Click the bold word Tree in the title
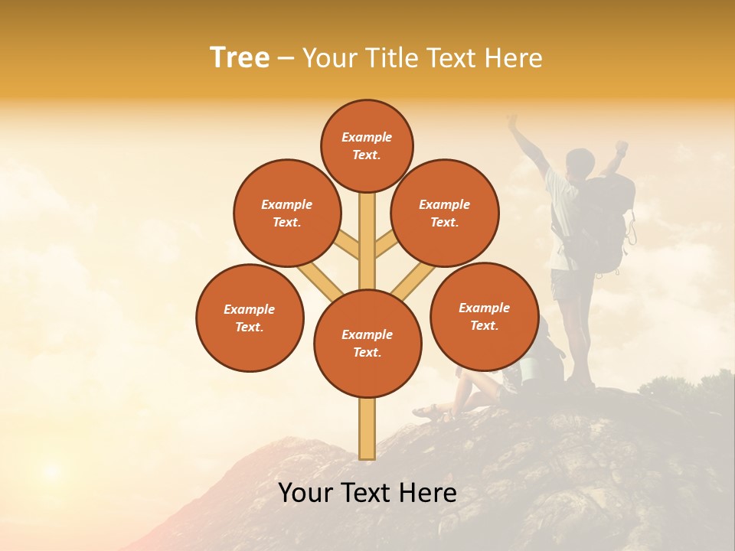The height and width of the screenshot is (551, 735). (240, 58)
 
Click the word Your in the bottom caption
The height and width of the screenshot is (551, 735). (306, 493)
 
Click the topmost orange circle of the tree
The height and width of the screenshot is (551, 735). (367, 145)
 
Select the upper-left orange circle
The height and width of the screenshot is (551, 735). (287, 213)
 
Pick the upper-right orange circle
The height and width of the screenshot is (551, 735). (445, 213)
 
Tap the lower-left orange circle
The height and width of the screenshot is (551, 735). (250, 318)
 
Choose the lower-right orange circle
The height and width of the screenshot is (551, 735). (484, 316)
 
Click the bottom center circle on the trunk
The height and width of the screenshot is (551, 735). (367, 344)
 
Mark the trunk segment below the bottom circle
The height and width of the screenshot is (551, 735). (367, 429)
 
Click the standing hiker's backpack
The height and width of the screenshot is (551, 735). (605, 226)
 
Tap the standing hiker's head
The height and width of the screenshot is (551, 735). (580, 162)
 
